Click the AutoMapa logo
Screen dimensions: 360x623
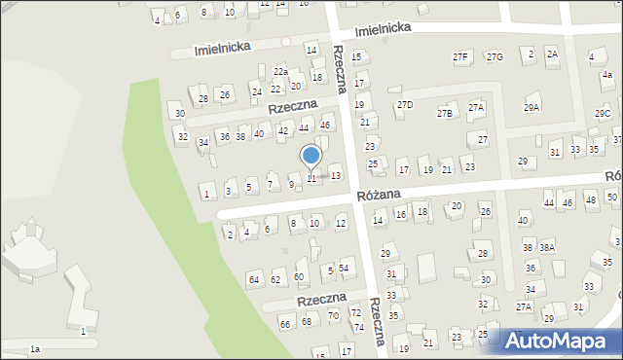[x=561, y=342]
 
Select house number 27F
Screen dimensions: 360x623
[x=460, y=57]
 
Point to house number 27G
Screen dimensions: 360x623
[x=495, y=57]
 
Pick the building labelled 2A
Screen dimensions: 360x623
[x=552, y=54]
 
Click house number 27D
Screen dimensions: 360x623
[x=405, y=104]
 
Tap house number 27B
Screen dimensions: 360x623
[x=444, y=114]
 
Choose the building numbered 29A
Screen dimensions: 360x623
[x=531, y=107]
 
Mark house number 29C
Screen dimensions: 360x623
[x=603, y=114]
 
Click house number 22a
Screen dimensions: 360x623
[x=280, y=72]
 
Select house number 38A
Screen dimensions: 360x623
[x=547, y=247]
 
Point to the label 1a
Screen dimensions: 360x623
[x=35, y=348]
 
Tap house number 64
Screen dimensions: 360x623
[x=254, y=280]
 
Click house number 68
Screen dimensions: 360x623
[x=306, y=322]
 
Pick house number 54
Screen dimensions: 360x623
[x=344, y=268]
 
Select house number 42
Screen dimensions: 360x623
[x=283, y=130]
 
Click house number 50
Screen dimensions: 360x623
[x=611, y=198]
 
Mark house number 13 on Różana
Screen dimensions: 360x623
[x=336, y=176]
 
